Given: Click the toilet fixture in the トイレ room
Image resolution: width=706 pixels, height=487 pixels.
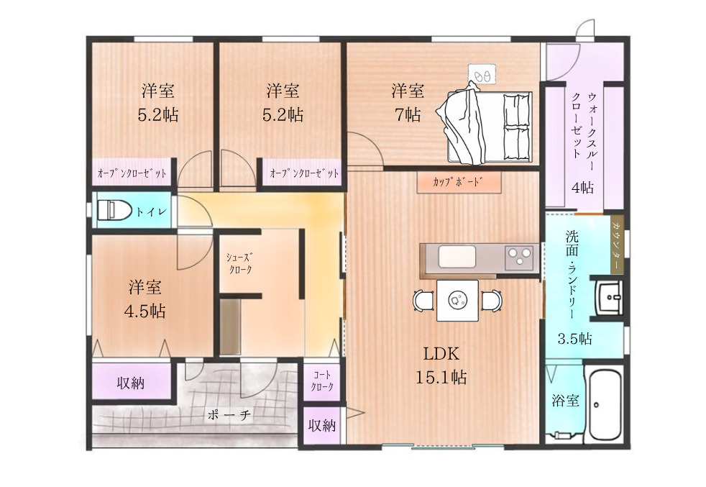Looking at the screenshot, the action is (x=114, y=210).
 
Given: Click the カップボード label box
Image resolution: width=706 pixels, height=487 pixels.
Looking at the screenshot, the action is (x=459, y=183).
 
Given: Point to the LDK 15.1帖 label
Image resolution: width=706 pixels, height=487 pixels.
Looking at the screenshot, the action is (x=441, y=365).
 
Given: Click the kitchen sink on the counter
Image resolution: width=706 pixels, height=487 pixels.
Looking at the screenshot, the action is (x=457, y=257).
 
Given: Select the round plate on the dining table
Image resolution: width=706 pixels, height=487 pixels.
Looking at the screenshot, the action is (x=457, y=299).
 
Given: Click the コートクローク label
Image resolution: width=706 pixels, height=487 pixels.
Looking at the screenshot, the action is (x=322, y=381).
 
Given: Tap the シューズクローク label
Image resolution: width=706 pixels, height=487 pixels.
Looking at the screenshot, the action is (x=239, y=263).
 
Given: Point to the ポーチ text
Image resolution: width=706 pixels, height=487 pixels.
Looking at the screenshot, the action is (x=229, y=414).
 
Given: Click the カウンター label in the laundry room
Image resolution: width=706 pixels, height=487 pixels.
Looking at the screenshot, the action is (x=616, y=245).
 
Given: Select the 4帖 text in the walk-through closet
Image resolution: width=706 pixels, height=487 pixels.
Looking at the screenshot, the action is (x=582, y=187).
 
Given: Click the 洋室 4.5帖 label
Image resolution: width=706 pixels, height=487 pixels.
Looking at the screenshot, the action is (x=145, y=299).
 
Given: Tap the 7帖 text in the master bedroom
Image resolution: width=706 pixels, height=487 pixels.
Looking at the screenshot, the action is (x=408, y=115).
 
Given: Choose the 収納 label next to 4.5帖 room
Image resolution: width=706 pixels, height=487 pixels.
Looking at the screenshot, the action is (x=131, y=383).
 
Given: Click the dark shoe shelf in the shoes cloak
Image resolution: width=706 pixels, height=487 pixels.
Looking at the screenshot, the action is (x=231, y=327).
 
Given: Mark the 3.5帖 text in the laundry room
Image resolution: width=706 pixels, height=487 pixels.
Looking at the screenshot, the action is (x=575, y=338).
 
